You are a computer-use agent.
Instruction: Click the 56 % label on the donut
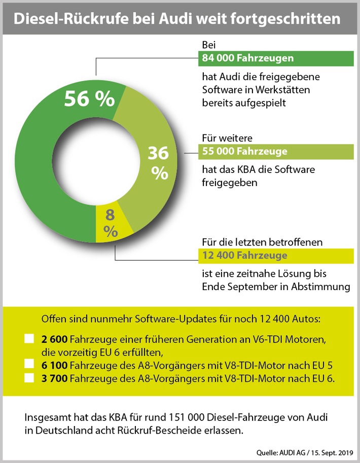(89, 98)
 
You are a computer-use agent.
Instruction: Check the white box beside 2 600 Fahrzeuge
(29, 338)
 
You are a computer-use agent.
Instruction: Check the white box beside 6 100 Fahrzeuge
(29, 365)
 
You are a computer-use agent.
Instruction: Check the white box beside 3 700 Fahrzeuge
(29, 377)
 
